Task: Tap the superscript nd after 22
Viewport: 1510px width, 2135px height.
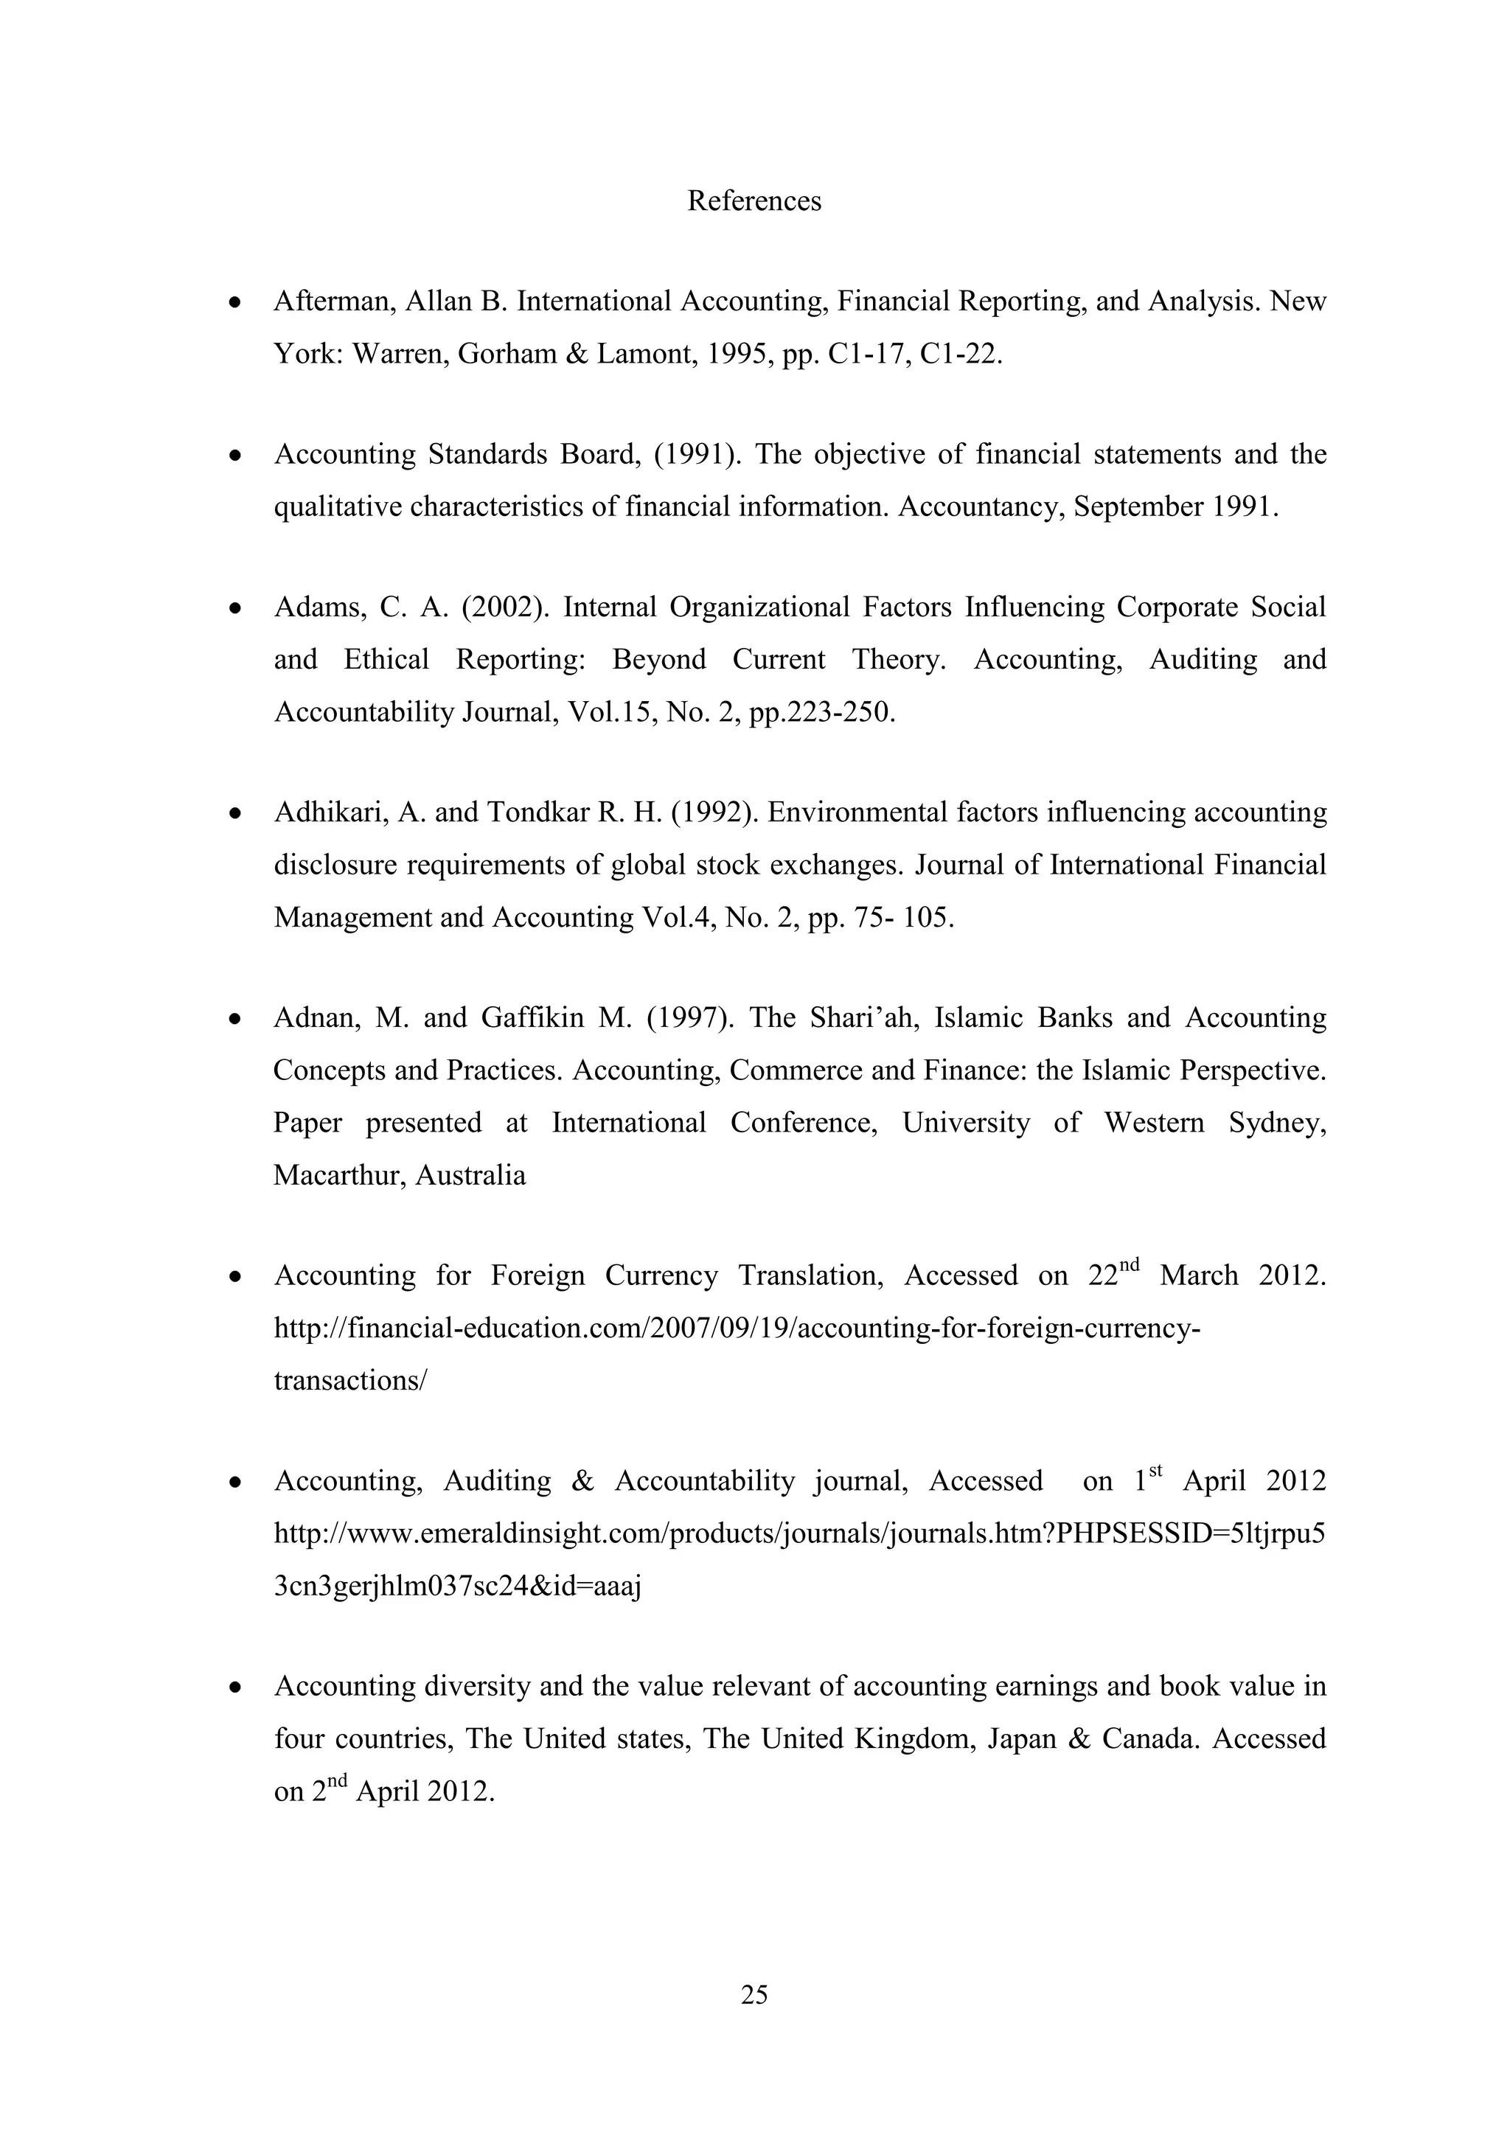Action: point(1129,1264)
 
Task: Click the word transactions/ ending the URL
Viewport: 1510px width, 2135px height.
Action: point(350,1381)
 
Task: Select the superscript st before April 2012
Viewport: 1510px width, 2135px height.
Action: point(1156,1470)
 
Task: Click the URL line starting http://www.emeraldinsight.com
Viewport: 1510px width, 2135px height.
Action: point(800,1534)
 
